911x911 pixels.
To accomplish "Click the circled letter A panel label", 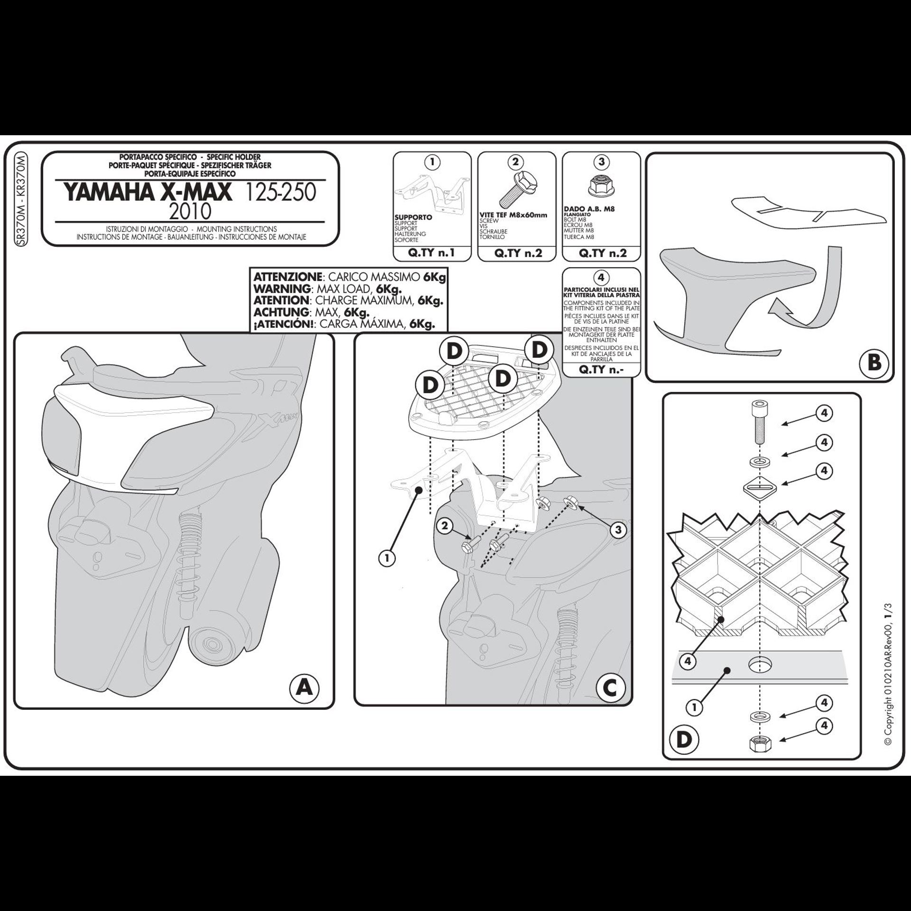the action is [304, 686].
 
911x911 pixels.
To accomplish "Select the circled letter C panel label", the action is [610, 687].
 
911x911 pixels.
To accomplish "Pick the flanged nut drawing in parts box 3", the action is [600, 187].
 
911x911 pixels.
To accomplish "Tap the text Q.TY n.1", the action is [431, 253].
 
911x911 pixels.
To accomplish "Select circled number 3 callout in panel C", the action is [618, 530].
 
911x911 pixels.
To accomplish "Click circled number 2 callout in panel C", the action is [445, 526].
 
